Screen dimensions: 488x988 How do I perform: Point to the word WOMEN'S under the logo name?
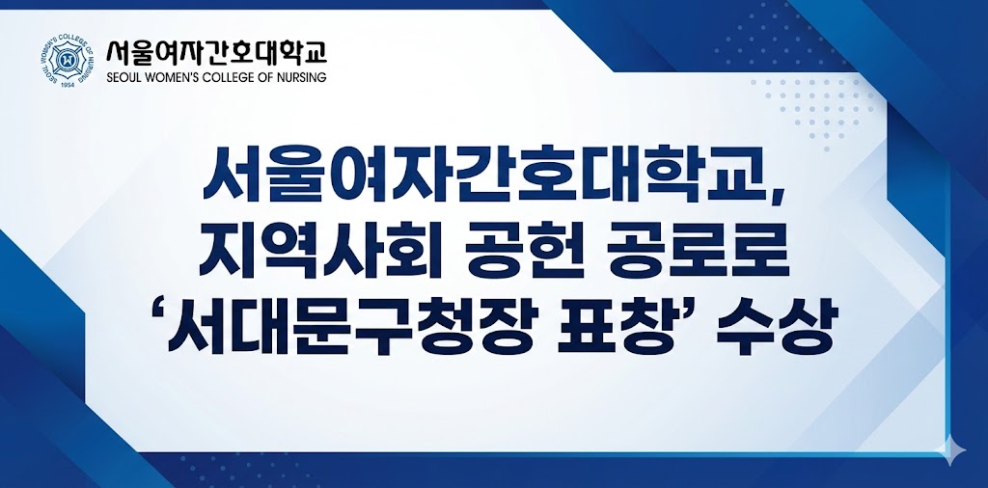[174, 76]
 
